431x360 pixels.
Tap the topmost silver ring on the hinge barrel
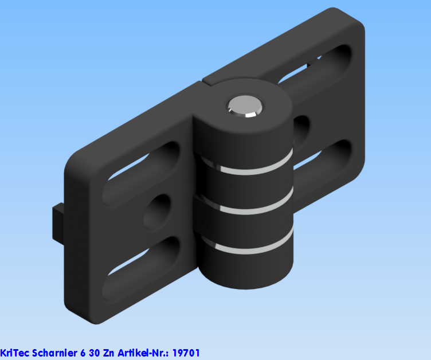pyautogui.click(x=246, y=171)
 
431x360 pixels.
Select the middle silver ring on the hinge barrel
pyautogui.click(x=246, y=209)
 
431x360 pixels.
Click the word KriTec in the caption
pyautogui.click(x=14, y=353)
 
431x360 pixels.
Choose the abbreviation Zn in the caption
pyautogui.click(x=109, y=353)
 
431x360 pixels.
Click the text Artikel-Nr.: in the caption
pyautogui.click(x=143, y=353)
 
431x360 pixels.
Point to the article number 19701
pyautogui.click(x=186, y=353)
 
